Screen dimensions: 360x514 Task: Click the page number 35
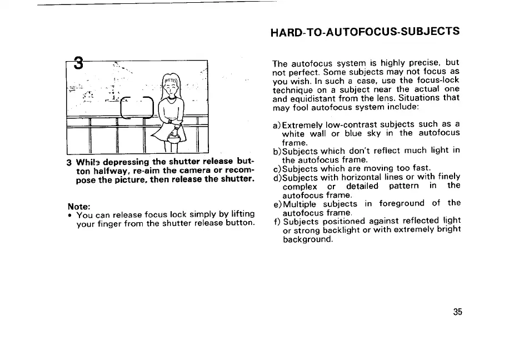(457, 312)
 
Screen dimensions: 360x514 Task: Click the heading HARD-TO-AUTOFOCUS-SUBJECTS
(365, 31)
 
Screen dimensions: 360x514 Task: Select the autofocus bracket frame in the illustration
(137, 107)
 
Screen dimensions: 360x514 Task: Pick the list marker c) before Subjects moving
(277, 168)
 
